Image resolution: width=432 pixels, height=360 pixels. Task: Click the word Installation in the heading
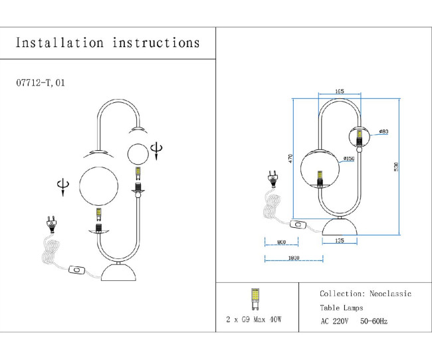click(x=59, y=43)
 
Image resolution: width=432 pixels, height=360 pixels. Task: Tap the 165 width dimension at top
click(x=339, y=91)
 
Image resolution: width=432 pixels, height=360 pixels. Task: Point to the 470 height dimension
click(x=290, y=159)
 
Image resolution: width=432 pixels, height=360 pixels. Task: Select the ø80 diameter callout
click(x=383, y=132)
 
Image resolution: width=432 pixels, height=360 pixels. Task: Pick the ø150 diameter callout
click(x=348, y=159)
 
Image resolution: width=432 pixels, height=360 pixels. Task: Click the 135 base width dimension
click(x=340, y=241)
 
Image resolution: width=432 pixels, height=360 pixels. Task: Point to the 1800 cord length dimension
click(x=292, y=258)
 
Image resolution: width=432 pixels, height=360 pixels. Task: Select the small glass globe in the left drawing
click(x=138, y=155)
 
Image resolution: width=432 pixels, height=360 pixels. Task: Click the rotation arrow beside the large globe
click(x=63, y=185)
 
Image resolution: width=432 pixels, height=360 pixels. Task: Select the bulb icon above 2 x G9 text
click(x=253, y=299)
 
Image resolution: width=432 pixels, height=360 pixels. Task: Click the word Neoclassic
click(x=390, y=293)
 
